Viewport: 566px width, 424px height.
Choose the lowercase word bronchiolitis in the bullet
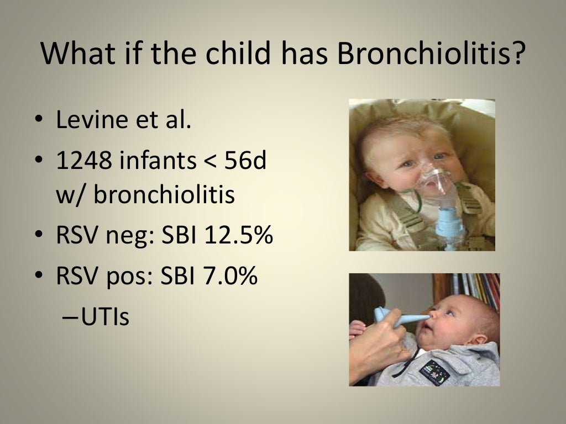pos(164,195)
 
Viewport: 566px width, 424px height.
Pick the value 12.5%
pos(239,236)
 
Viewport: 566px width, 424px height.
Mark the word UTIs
pos(105,317)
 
